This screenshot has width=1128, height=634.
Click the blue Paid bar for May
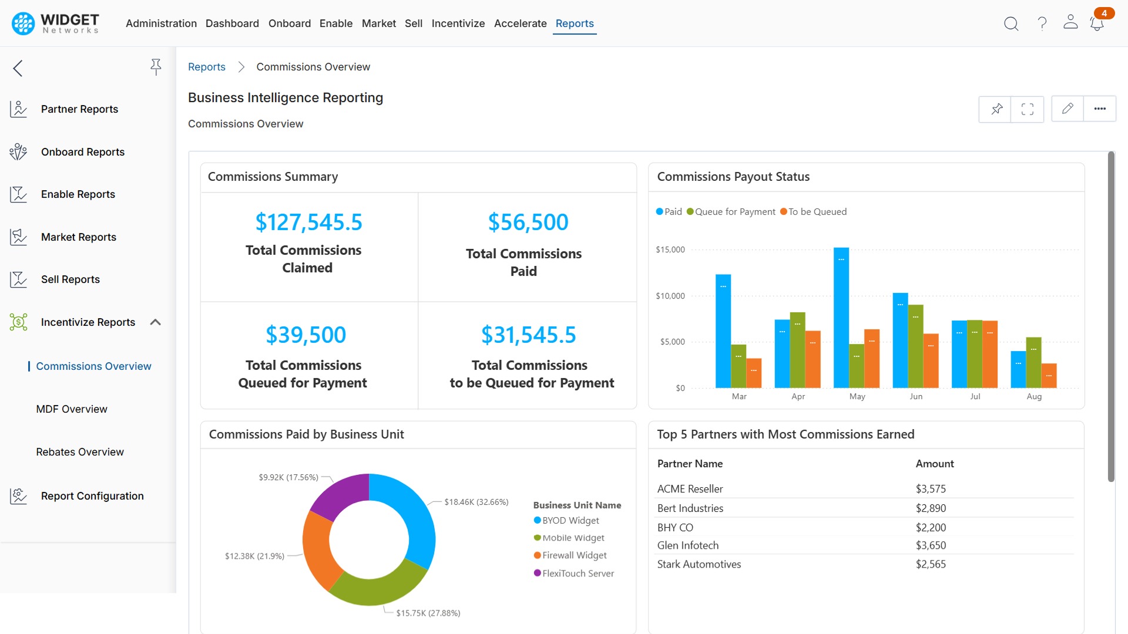tap(841, 317)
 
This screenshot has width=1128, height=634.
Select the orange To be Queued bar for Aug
tap(1049, 376)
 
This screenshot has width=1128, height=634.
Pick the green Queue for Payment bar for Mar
tap(738, 366)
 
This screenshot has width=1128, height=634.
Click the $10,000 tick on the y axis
tap(670, 296)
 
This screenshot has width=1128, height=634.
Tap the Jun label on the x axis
tap(916, 397)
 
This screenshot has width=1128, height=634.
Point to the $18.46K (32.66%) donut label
tap(476, 502)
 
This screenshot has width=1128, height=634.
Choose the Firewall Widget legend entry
tap(574, 555)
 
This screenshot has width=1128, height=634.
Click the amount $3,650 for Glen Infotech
tap(931, 545)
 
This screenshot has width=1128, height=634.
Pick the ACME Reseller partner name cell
tap(690, 489)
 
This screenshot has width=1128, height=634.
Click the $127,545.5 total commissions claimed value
tap(308, 222)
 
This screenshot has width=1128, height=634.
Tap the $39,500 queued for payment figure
tap(305, 335)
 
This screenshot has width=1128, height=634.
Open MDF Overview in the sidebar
tap(72, 409)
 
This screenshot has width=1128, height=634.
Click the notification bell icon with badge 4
tap(1096, 23)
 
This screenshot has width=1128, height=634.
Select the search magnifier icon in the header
tap(1010, 23)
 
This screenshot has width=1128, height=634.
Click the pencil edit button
tap(1067, 109)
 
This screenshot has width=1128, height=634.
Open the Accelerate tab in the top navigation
tap(520, 23)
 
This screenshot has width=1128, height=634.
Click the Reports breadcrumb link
tap(206, 67)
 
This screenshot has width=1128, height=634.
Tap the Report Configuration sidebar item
tap(92, 496)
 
